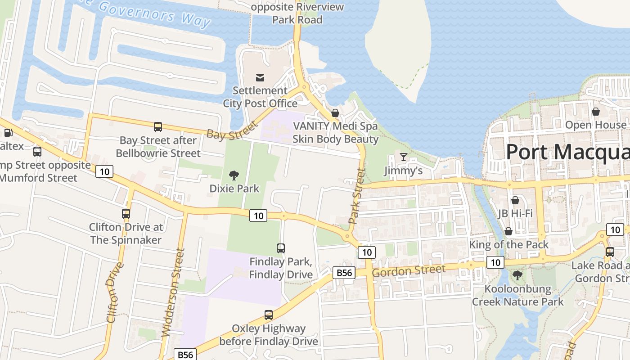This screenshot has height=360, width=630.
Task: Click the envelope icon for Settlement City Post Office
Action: point(260,78)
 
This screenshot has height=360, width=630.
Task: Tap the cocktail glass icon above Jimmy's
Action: point(404,157)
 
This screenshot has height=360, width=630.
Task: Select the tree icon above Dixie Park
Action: point(234,175)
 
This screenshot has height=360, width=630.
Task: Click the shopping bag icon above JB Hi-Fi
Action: point(515,200)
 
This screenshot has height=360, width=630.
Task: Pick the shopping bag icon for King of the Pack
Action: point(508,231)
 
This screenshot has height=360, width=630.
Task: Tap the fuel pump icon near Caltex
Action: point(8,133)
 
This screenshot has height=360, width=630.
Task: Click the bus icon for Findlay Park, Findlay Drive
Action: point(281,248)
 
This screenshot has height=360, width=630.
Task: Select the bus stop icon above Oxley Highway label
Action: point(269,315)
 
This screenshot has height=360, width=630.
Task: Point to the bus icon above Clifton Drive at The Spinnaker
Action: point(126,214)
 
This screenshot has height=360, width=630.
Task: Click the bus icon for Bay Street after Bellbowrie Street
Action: point(158,127)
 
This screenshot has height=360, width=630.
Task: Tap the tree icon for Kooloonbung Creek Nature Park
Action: point(517,275)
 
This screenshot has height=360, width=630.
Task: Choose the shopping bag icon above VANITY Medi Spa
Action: point(335,113)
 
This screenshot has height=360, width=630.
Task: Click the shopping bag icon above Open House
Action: point(596,112)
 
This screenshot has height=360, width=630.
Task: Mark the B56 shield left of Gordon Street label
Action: point(344,272)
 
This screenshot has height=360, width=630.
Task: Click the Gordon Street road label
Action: point(409,271)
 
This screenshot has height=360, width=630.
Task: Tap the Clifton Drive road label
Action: point(115,292)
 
